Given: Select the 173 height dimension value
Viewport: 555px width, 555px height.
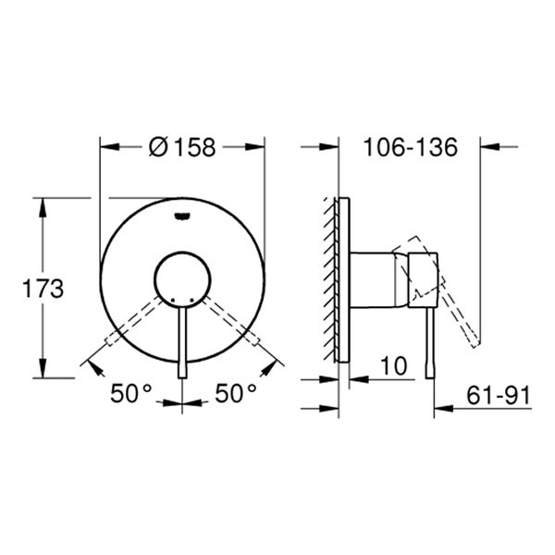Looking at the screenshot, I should click(x=43, y=289).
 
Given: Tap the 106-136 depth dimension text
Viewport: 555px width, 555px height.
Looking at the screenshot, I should click(x=411, y=147).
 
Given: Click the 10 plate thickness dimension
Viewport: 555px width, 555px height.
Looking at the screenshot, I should click(x=394, y=366).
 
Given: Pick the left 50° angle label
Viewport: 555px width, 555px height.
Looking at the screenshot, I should click(x=131, y=393).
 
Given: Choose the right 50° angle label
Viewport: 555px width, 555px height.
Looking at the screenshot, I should click(x=236, y=393).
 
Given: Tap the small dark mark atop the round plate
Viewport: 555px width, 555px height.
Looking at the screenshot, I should click(x=181, y=217).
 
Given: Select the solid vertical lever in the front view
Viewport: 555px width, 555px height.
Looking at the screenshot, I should click(x=181, y=342).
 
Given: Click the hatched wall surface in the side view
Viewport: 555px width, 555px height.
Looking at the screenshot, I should click(x=332, y=277).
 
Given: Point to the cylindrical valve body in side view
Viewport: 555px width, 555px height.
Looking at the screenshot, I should click(x=375, y=277).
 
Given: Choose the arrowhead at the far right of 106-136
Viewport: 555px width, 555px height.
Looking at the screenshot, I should click(x=488, y=146).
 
